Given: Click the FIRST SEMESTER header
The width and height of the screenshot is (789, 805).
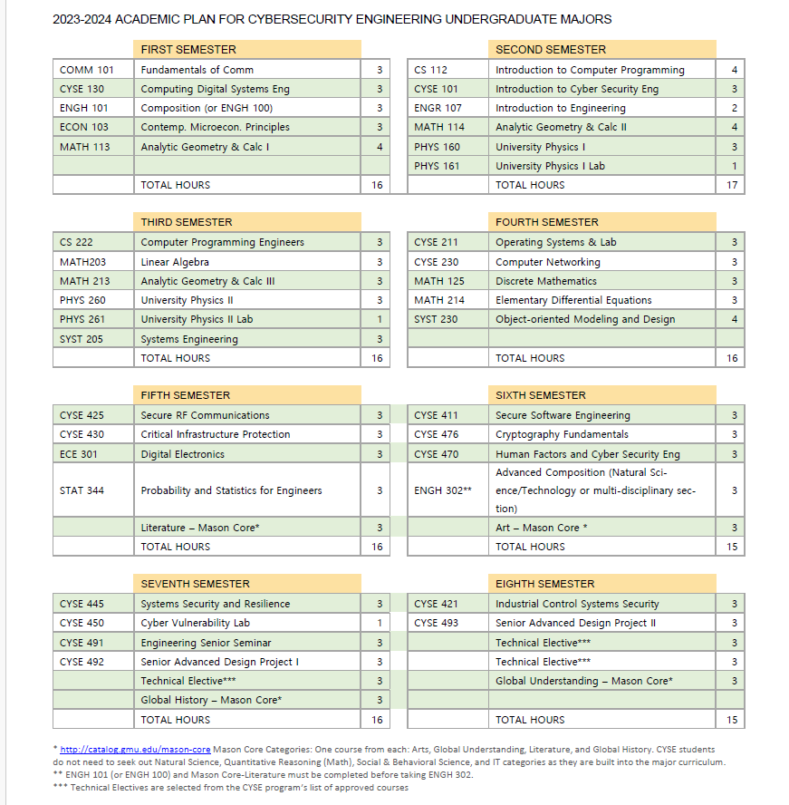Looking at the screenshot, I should coord(188,50).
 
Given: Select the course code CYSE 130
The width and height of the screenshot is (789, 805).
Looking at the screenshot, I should coord(82,89).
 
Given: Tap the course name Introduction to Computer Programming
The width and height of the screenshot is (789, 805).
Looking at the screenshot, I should coord(590,70).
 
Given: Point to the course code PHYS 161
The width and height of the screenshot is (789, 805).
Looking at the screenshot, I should coord(437,166).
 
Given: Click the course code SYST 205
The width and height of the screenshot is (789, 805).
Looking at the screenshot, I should coord(82,339).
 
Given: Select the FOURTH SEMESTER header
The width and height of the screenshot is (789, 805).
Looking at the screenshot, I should coord(546,222).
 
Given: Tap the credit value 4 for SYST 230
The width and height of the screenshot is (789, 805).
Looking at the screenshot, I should coord(734,319).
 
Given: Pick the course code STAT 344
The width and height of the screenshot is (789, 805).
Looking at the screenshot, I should coord(82,490).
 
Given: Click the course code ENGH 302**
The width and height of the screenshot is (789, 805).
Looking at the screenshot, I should coord(443,490).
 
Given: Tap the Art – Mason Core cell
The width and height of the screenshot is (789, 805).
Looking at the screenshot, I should coord(542,528).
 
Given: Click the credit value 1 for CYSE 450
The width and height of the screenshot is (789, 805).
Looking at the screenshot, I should coord(380,623).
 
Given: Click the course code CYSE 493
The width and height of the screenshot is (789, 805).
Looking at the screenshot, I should coord(437,623).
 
